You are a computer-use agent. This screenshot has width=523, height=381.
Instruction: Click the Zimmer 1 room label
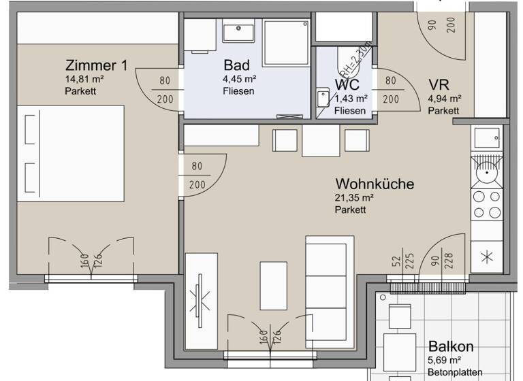tap(95, 66)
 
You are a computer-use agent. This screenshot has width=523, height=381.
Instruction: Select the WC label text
tap(347, 85)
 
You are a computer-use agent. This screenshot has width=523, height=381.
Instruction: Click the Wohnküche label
tap(374, 184)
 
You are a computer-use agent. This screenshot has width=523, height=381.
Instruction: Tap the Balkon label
tap(450, 346)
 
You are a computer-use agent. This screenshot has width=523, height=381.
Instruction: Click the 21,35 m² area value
tap(353, 198)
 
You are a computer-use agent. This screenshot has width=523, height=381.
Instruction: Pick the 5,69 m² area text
tap(445, 360)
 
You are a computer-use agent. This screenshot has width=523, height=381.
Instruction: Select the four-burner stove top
tap(486, 205)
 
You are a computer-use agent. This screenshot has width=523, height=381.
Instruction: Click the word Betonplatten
tap(456, 372)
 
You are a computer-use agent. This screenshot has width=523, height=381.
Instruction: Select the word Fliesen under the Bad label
tap(238, 91)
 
